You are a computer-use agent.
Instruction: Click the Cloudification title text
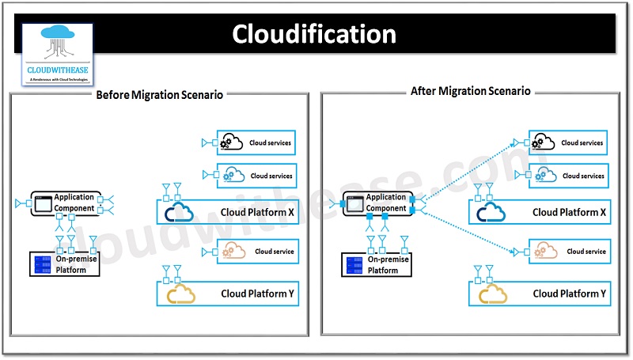(x=314, y=34)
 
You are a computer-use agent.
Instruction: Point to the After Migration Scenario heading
(x=471, y=92)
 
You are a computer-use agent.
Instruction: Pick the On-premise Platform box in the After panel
(x=377, y=263)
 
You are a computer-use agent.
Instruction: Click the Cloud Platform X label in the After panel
(x=569, y=212)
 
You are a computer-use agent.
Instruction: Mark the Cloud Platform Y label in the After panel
(x=569, y=294)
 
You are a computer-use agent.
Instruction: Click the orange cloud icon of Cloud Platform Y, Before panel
(x=181, y=294)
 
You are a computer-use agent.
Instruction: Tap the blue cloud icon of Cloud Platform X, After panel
(x=492, y=212)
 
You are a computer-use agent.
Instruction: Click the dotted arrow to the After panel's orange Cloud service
(x=467, y=229)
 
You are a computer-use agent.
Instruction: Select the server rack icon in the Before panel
(x=40, y=263)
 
